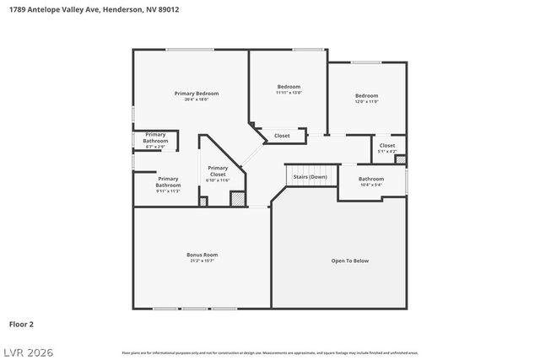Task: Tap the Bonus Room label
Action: tap(202, 255)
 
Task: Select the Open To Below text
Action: tap(349, 261)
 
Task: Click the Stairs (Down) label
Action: tap(310, 177)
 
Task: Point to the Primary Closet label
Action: tap(218, 170)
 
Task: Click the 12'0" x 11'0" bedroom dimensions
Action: tap(366, 101)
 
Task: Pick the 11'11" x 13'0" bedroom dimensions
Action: tap(289, 93)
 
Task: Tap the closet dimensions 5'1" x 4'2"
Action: tap(386, 152)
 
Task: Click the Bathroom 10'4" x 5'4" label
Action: tap(371, 179)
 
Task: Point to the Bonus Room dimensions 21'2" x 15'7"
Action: tap(202, 261)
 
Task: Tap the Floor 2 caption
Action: tap(21, 324)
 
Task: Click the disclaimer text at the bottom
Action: tap(270, 352)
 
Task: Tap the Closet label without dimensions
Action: tap(282, 136)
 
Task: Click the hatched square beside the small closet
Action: tap(400, 159)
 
